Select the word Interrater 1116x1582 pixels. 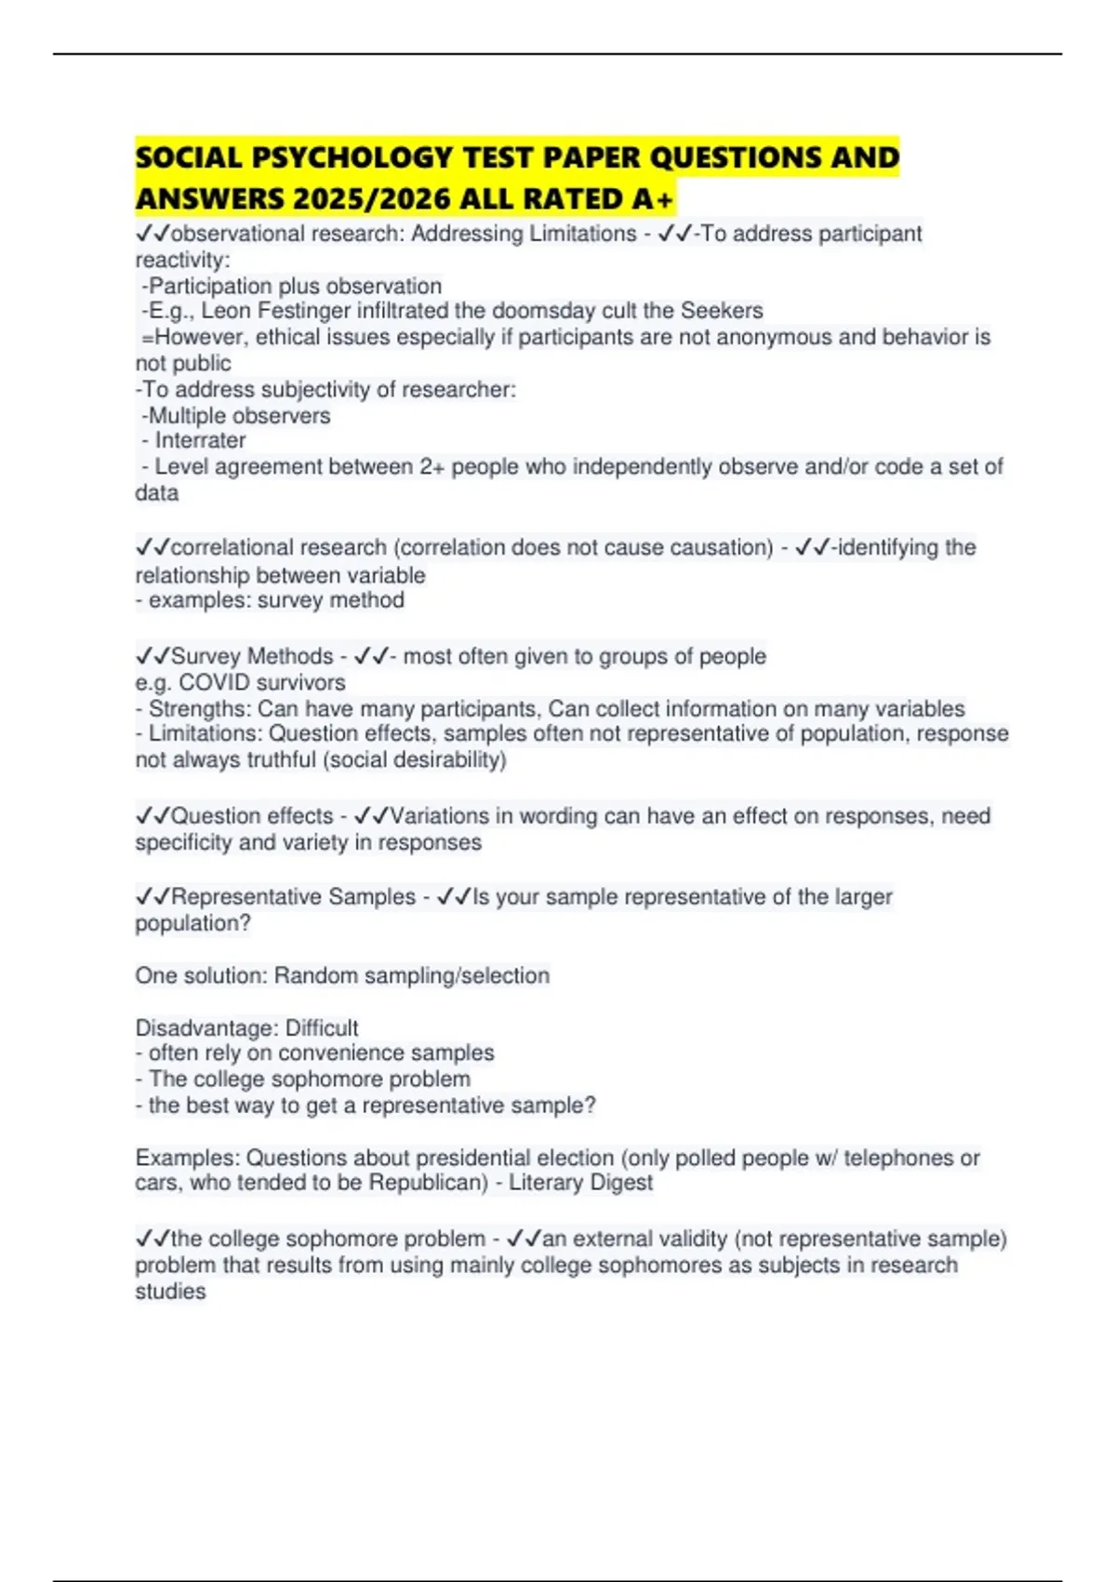point(200,441)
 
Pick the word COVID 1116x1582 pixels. point(217,682)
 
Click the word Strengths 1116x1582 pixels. point(198,708)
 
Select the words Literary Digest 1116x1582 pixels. point(580,1183)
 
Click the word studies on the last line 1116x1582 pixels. point(170,1292)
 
